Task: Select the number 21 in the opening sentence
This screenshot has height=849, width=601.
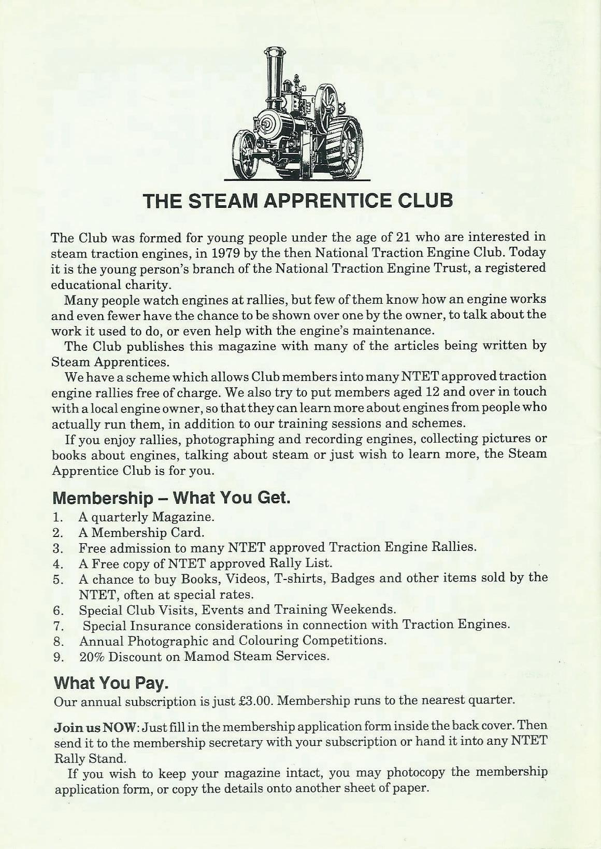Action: pyautogui.click(x=403, y=237)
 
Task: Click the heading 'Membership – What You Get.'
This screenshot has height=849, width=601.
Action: pyautogui.click(x=171, y=498)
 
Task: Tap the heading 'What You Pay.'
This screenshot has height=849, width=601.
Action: pyautogui.click(x=111, y=683)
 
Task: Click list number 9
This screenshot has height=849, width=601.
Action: pyautogui.click(x=58, y=656)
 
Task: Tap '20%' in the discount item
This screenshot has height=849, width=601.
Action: pyautogui.click(x=93, y=656)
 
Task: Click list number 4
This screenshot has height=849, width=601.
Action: pyautogui.click(x=58, y=563)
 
